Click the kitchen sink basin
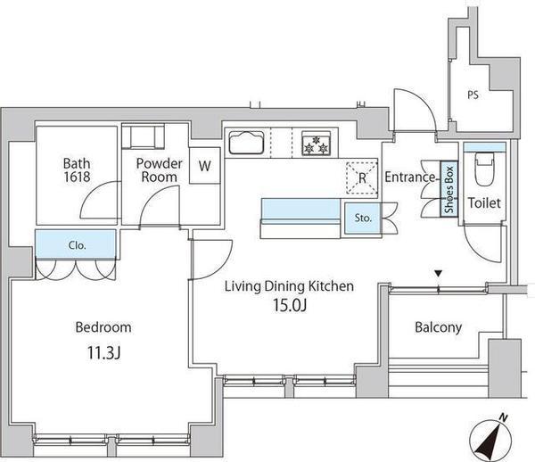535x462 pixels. tap(246, 143)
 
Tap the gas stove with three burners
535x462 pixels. tap(316, 144)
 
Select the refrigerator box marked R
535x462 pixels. tap(362, 177)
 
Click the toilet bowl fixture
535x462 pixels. tap(484, 169)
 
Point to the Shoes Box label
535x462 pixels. tap(449, 189)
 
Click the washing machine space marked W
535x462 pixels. tap(205, 166)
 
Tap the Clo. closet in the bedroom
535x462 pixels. tap(76, 244)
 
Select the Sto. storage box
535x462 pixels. tap(362, 219)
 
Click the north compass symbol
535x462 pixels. tap(490, 436)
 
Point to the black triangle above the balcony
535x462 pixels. tap(439, 273)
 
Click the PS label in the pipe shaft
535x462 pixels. tap(473, 95)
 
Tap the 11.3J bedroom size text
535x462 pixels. tap(103, 353)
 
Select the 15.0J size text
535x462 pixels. tap(289, 305)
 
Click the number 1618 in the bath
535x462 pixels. tap(77, 177)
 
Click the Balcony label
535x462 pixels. tap(438, 327)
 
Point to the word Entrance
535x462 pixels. tap(410, 177)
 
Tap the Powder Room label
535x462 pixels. tap(159, 170)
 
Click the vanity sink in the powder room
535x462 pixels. tap(143, 136)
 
